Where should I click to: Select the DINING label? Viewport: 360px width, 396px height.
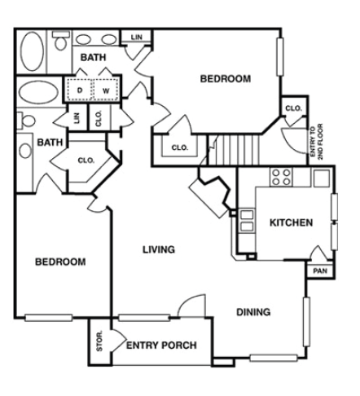(x=253, y=312)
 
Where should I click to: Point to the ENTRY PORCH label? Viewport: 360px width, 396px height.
(x=161, y=345)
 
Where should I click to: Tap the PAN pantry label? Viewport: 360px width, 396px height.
(x=319, y=271)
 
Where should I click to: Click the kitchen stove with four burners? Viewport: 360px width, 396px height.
(x=282, y=176)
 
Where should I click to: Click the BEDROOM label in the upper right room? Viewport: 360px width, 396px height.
(x=226, y=79)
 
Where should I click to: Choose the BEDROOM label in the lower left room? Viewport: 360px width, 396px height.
(x=60, y=262)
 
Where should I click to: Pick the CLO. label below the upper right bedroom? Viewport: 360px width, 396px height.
(x=179, y=147)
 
